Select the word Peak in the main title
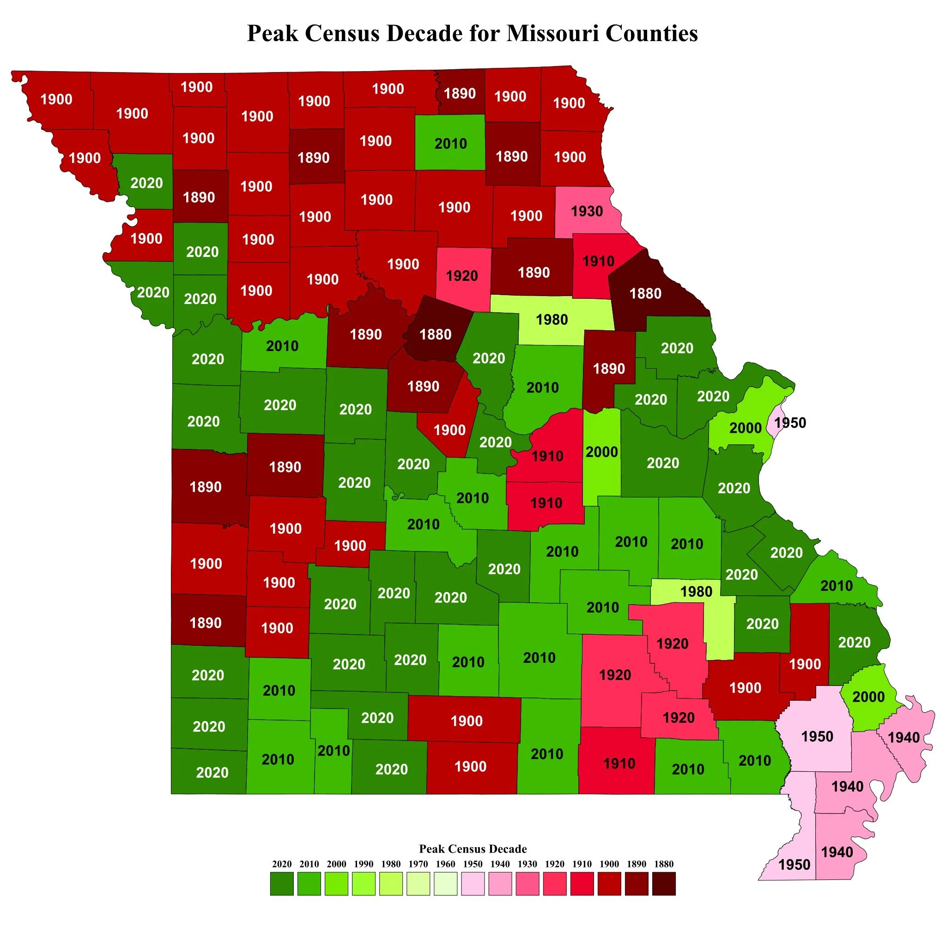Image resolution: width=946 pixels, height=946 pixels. tap(272, 33)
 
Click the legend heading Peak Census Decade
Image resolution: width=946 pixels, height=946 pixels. tap(473, 849)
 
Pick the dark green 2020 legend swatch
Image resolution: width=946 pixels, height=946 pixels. tap(282, 883)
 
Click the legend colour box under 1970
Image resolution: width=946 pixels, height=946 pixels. tap(418, 883)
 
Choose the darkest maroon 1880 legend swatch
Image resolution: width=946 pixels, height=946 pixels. tap(663, 883)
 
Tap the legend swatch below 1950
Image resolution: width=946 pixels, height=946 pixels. tap(473, 883)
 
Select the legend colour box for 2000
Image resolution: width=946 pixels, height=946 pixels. tap(336, 883)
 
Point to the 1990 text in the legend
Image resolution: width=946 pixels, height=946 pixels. tap(364, 864)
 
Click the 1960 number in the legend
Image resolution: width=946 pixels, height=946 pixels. tap(445, 864)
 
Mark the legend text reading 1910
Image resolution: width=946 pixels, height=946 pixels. tap(582, 864)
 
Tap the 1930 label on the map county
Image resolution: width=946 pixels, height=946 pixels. tap(587, 211)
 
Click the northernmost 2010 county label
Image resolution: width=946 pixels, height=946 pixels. tap(450, 144)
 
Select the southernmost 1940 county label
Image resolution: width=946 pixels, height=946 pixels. tap(837, 852)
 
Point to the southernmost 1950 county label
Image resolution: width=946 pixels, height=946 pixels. tap(794, 865)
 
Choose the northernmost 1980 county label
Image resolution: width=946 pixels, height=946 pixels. tap(552, 319)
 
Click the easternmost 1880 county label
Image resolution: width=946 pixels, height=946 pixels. tap(645, 293)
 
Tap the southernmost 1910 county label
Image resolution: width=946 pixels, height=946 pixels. tap(619, 764)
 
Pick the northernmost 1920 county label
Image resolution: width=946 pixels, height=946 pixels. tap(461, 276)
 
